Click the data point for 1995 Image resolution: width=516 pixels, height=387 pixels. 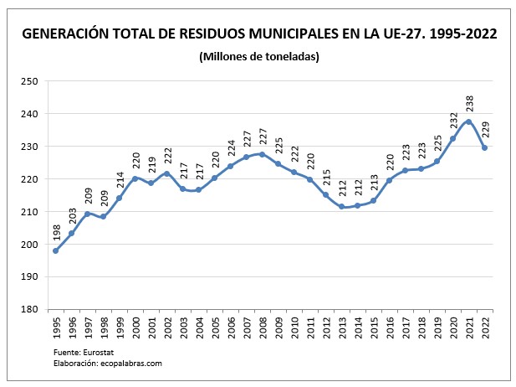click(x=55, y=250)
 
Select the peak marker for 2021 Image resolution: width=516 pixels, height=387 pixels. click(x=468, y=121)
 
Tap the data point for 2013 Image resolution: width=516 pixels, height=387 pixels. click(x=341, y=207)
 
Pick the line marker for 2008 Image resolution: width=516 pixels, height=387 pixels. click(x=262, y=154)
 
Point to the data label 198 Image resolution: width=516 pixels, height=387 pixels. click(x=56, y=234)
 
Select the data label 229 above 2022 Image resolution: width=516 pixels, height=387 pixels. click(x=485, y=131)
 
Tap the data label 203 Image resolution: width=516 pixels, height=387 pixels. click(x=72, y=217)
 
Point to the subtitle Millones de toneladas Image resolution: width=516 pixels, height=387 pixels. click(x=259, y=56)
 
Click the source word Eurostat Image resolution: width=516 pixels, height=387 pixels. click(x=95, y=353)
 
